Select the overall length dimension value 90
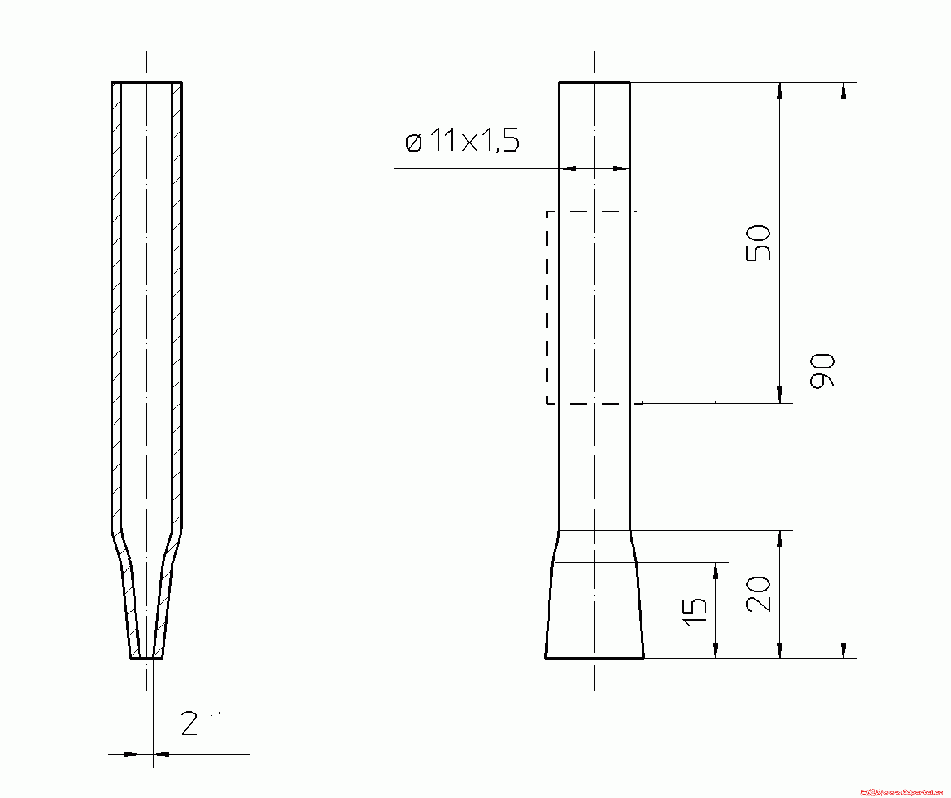tap(822, 371)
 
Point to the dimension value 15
tap(694, 612)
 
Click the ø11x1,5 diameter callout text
tap(462, 140)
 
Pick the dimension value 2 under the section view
tap(189, 723)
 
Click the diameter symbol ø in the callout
tap(413, 143)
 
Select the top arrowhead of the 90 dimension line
tap(843, 92)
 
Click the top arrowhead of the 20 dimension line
tap(779, 540)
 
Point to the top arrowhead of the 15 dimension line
tap(716, 572)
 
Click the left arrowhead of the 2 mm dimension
tap(130, 754)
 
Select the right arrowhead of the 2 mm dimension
tap(162, 754)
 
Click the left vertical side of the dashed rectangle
tap(547, 308)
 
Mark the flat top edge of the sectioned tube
tap(146, 83)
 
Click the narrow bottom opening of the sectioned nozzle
tap(146, 658)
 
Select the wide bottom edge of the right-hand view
tap(594, 658)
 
